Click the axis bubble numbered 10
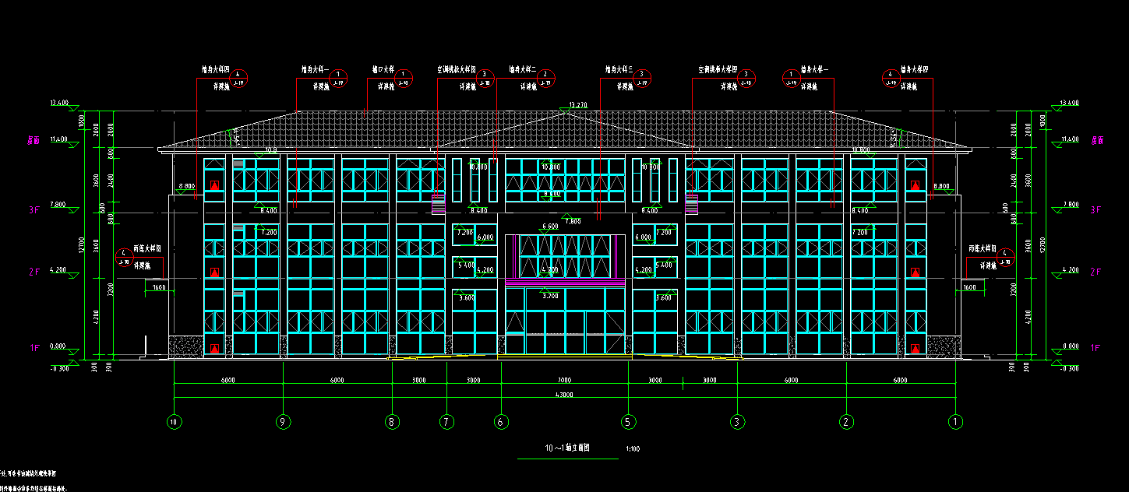(174, 422)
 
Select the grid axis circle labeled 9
(284, 422)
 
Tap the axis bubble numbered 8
(392, 422)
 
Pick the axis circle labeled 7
(446, 422)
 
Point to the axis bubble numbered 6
(502, 422)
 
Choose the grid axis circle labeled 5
(628, 422)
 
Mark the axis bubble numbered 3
(737, 422)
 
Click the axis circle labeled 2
(846, 422)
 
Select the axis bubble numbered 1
(955, 422)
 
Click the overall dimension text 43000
(564, 395)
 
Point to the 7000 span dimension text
(564, 381)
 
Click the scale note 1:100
(633, 449)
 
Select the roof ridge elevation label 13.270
(577, 104)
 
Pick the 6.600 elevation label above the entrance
(550, 227)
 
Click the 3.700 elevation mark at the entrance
(550, 296)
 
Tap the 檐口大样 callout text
(383, 69)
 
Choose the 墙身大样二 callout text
(523, 69)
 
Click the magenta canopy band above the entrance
(565, 282)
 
